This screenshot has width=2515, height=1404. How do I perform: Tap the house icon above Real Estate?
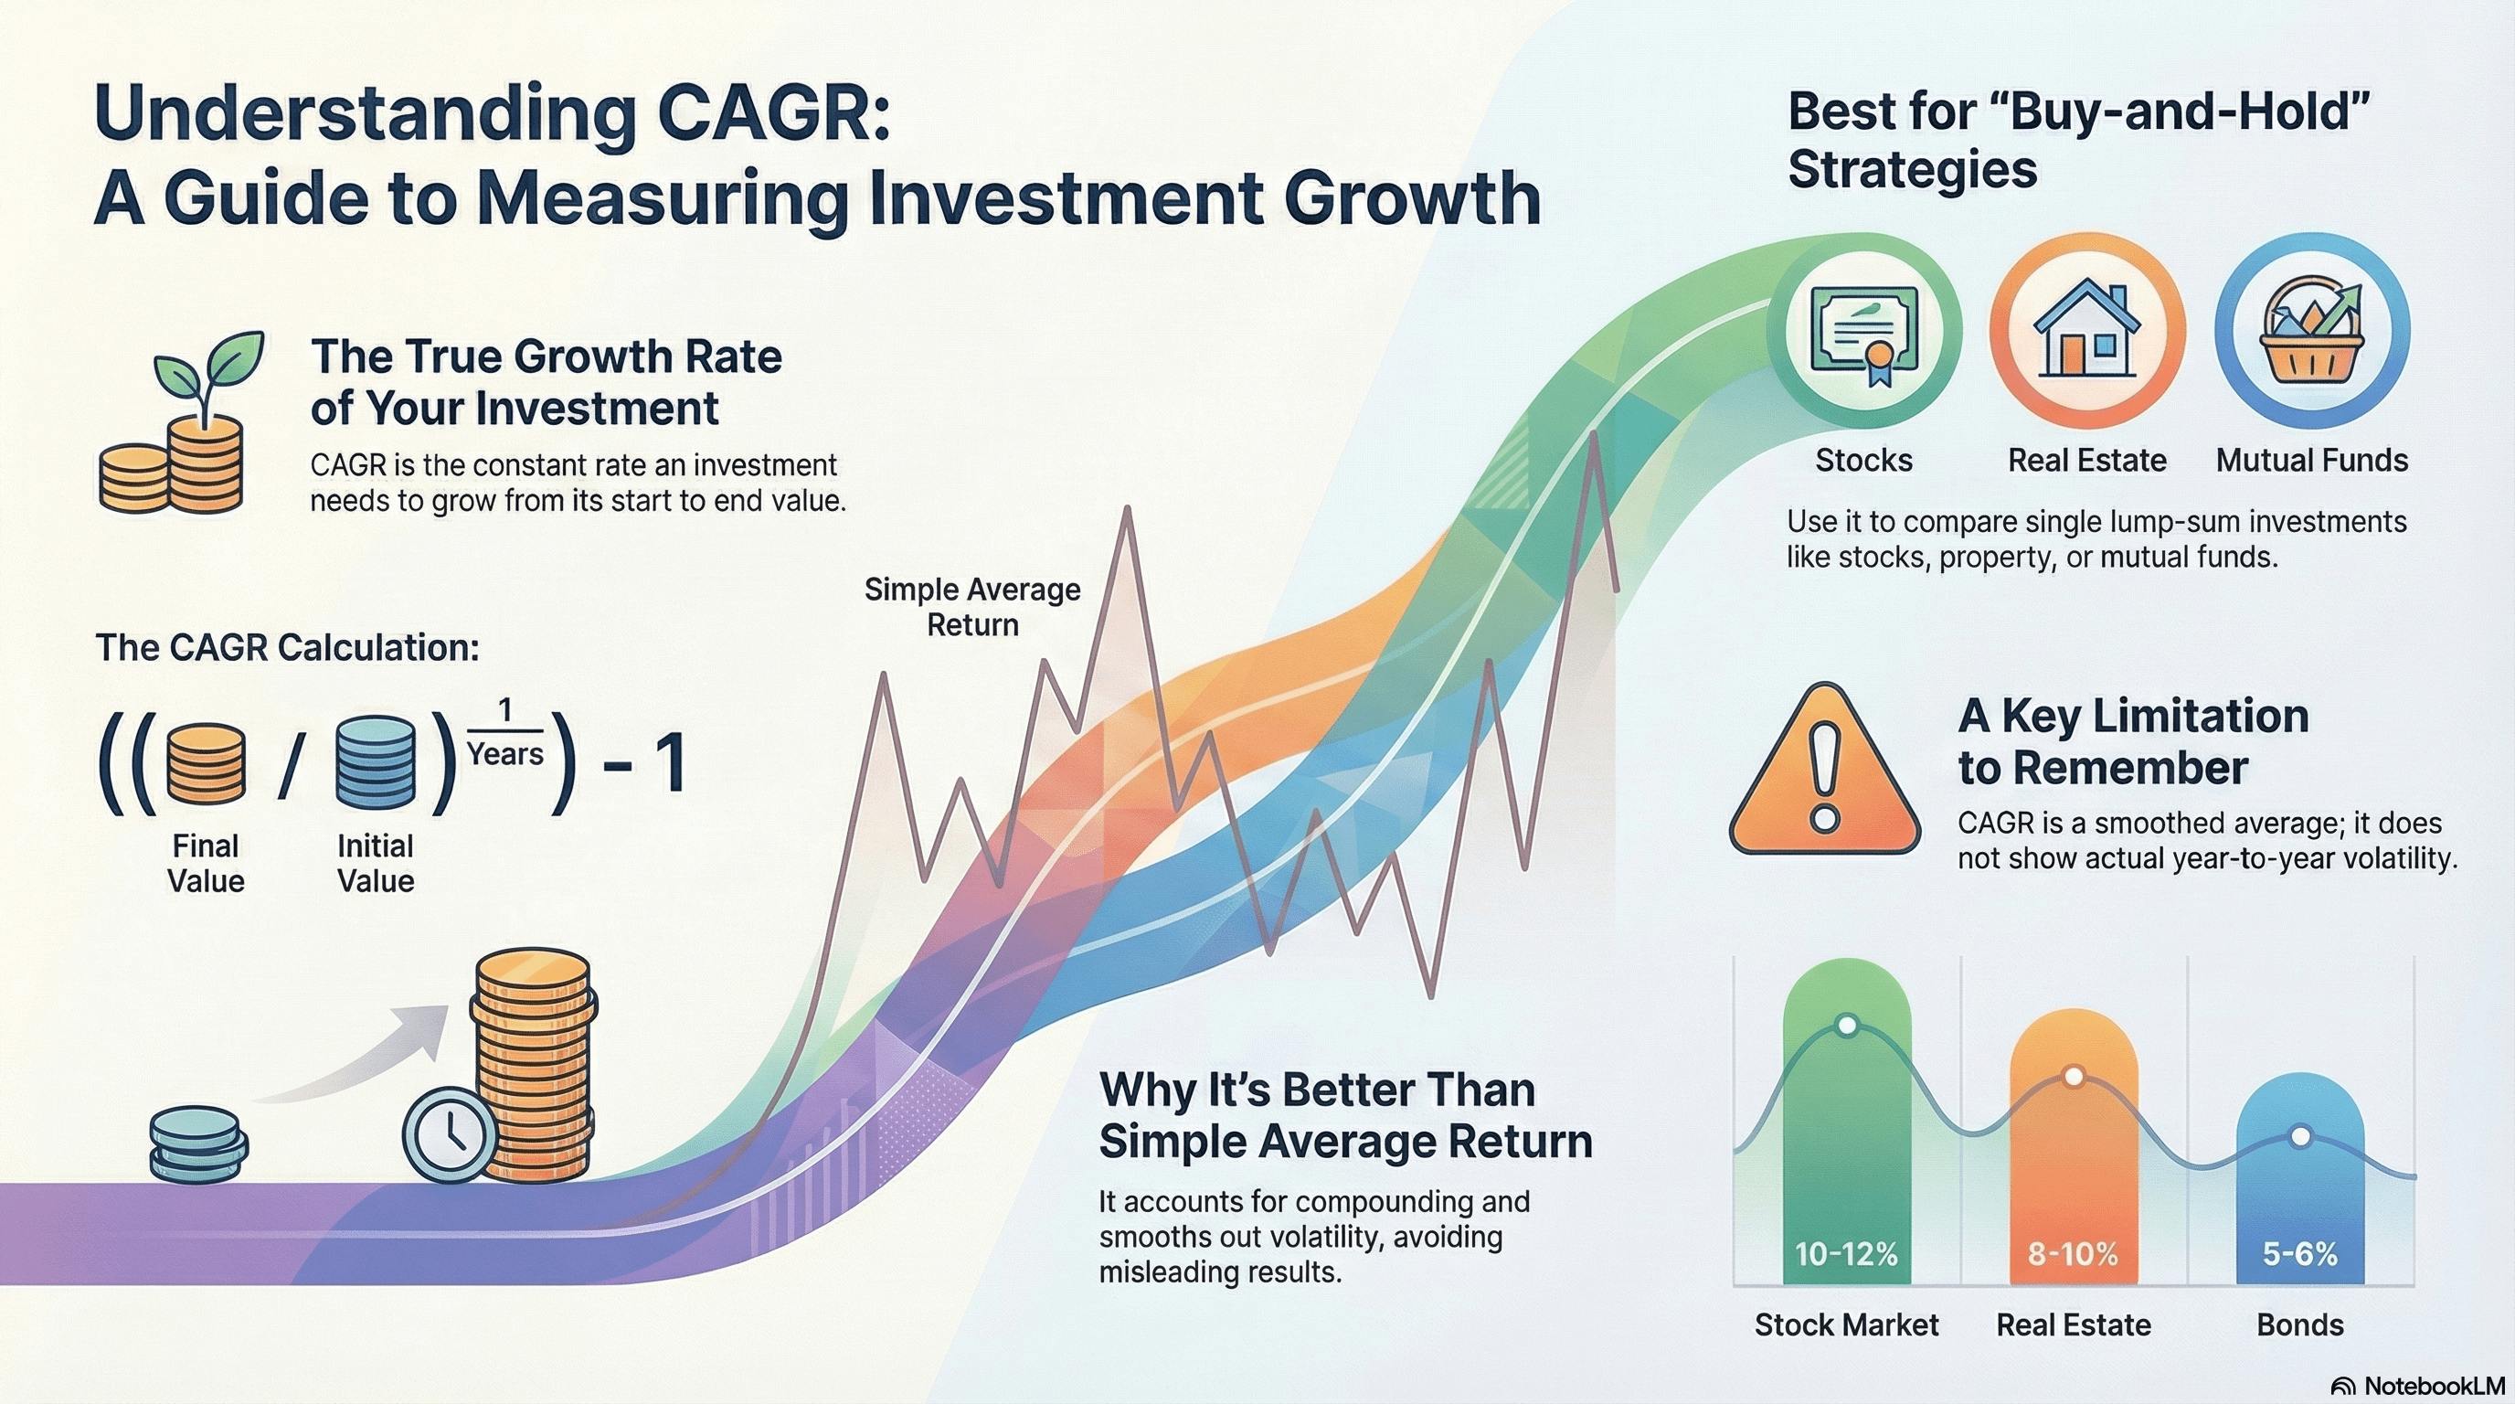click(x=2086, y=329)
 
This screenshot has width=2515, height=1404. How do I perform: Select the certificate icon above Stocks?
click(x=1863, y=333)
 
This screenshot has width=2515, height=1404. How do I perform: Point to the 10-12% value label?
click(x=1845, y=1254)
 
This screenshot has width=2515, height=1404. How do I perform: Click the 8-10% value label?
click(x=2073, y=1254)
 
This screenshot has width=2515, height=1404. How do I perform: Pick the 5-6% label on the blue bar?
click(x=2300, y=1254)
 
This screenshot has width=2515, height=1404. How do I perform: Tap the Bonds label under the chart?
click(x=2300, y=1324)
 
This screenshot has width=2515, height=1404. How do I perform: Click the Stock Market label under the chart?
click(x=1846, y=1324)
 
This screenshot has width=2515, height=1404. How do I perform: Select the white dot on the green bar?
click(x=1846, y=1026)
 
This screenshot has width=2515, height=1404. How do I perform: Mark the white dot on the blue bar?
click(x=2300, y=1136)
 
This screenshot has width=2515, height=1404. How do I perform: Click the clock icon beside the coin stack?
click(x=450, y=1134)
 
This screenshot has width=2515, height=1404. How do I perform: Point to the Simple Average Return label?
click(x=972, y=606)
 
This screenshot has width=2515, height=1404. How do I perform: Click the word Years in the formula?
click(x=504, y=754)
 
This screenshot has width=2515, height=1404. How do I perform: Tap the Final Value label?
click(x=205, y=863)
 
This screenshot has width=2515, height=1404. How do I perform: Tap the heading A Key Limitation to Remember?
click(x=2133, y=741)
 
